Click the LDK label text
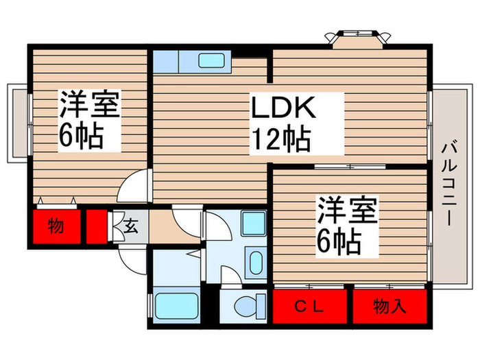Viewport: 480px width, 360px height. (x=282, y=108)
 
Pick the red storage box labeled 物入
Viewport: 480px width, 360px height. (x=389, y=306)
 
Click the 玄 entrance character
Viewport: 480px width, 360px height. (x=132, y=227)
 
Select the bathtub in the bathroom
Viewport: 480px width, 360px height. (x=176, y=304)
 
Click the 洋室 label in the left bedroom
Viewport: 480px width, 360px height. (x=90, y=106)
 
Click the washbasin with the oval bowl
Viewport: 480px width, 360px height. (x=254, y=263)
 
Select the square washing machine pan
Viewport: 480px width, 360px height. (x=254, y=224)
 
